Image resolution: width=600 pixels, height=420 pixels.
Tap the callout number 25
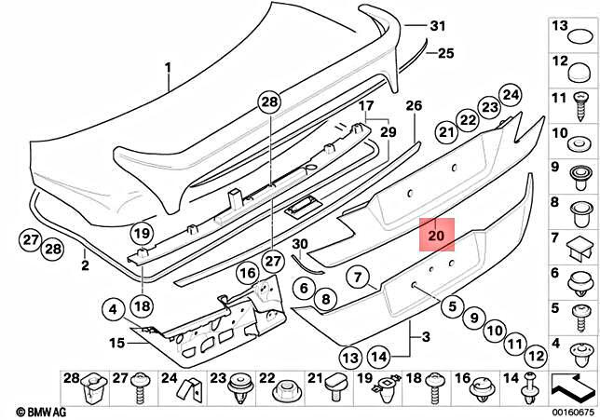click(x=444, y=53)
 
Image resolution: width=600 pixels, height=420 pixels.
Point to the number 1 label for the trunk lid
click(x=169, y=67)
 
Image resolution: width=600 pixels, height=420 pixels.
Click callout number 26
click(x=415, y=106)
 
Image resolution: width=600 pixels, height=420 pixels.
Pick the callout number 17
click(x=366, y=106)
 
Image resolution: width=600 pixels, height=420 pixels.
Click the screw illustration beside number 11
click(x=580, y=99)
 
